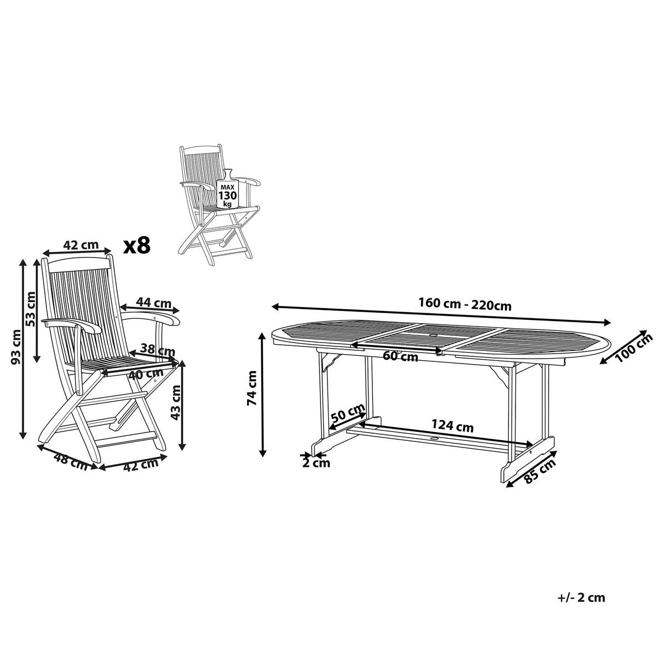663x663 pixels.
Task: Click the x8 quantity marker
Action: [137, 246]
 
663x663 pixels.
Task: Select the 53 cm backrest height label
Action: [30, 309]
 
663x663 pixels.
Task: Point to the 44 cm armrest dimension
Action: [154, 302]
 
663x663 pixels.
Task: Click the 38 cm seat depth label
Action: [158, 350]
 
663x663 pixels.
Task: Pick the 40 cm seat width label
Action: [145, 374]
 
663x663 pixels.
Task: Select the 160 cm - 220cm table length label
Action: [465, 304]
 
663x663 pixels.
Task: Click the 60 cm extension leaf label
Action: [401, 356]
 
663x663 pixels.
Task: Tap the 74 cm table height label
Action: [252, 388]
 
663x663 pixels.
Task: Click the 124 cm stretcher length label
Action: [452, 427]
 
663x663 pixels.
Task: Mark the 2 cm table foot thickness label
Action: [316, 463]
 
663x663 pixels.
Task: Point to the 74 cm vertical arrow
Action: [263, 395]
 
